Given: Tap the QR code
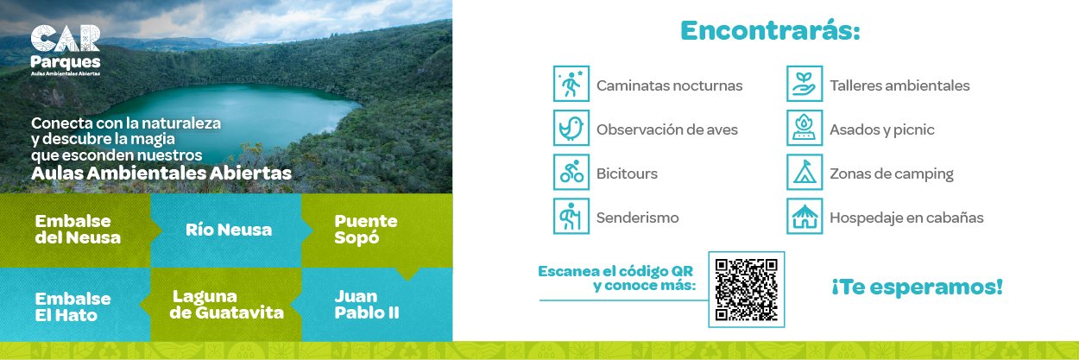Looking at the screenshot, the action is [746, 289].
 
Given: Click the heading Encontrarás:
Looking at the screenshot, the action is [770, 30].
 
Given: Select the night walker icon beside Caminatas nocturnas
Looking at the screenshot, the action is [571, 84].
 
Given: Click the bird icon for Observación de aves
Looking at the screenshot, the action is [571, 128].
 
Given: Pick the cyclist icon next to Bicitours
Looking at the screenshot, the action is [571, 172].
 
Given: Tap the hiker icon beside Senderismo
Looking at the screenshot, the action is [571, 216].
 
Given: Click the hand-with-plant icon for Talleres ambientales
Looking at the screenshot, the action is [805, 84].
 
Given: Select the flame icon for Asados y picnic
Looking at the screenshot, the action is [805, 128].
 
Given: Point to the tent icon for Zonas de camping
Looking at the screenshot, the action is [805, 172].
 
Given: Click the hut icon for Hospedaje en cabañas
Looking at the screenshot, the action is [805, 216].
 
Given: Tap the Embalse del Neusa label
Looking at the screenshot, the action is [78, 230].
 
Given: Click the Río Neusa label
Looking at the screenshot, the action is [229, 230].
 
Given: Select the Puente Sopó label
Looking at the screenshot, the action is [366, 230].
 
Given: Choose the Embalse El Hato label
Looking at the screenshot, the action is [73, 307].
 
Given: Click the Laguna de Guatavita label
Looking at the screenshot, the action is [226, 305].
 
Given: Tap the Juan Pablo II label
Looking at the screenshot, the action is [367, 305].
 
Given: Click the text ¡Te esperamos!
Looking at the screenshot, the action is [917, 287].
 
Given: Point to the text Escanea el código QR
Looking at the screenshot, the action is [615, 271].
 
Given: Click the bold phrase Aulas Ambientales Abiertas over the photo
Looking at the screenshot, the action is [161, 173].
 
